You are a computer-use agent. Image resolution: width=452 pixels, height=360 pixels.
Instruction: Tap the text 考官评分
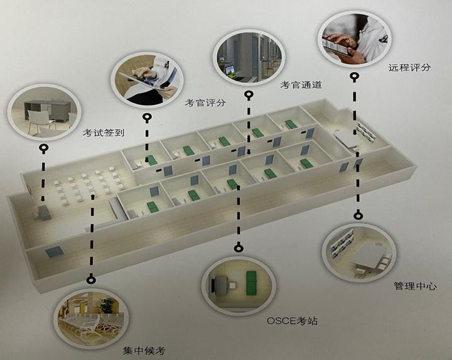(205, 102)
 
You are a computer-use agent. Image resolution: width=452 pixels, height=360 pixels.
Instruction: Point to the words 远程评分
(409, 68)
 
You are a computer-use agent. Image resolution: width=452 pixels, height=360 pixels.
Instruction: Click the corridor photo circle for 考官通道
(249, 53)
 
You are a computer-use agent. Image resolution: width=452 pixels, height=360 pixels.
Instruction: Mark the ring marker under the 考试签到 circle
(43, 148)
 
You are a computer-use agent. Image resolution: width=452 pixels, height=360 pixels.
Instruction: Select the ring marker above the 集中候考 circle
(92, 279)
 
